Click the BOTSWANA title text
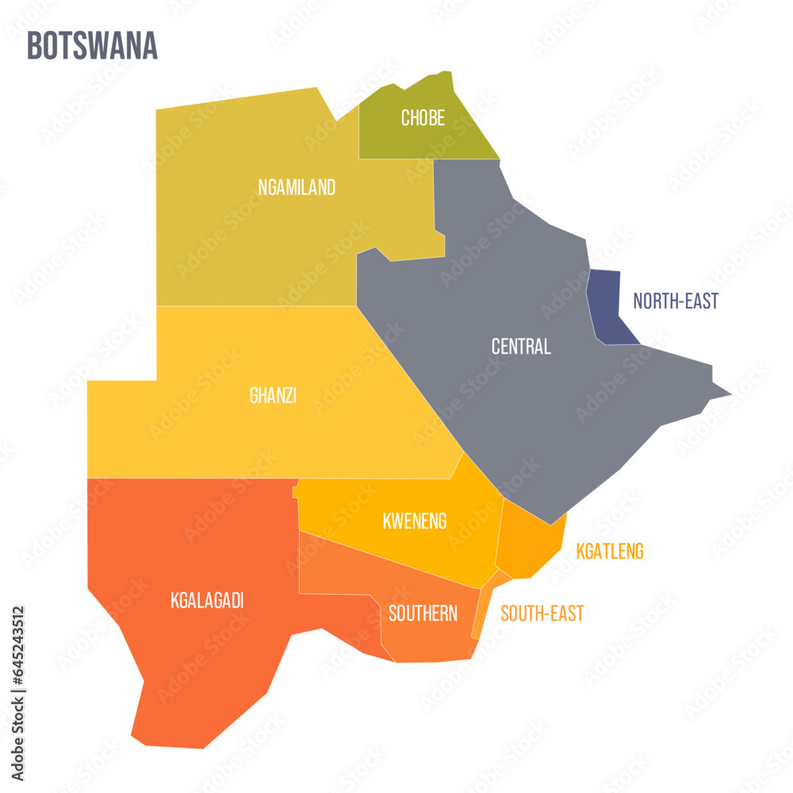92,47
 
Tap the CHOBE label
423,118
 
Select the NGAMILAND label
297,188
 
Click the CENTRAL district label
520,347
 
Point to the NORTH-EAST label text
676,301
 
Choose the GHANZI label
273,396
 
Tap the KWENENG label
414,521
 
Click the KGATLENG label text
610,551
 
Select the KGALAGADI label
206,601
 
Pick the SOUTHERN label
423,613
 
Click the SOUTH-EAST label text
542,613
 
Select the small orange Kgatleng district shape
527,539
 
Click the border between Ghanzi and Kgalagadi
190,478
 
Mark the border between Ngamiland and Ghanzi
254,306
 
